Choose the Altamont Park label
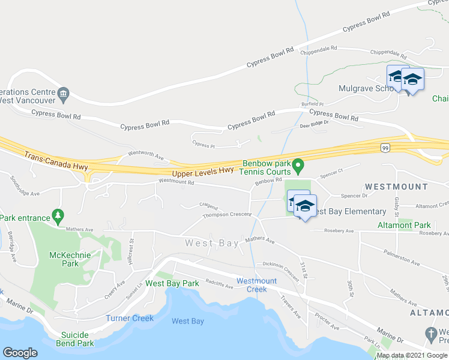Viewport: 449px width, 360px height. (404, 225)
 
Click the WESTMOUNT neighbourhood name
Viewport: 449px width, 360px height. (396, 187)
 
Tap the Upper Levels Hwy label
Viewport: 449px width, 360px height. (203, 171)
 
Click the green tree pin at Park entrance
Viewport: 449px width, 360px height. (58, 215)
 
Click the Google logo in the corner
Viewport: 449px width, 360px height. (20, 353)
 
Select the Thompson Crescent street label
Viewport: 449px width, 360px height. (226, 215)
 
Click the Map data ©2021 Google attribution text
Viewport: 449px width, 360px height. (412, 355)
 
